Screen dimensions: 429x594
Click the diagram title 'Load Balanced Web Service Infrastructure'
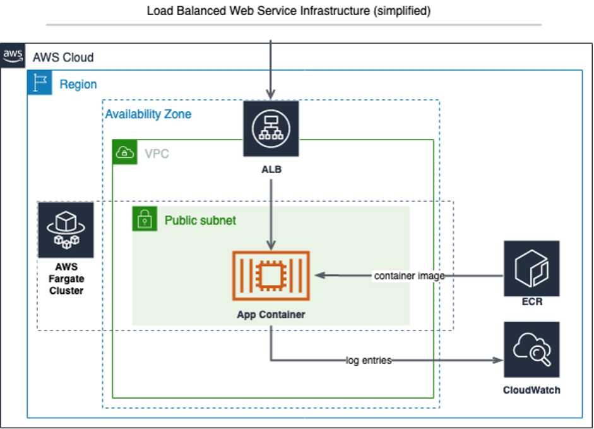click(288, 11)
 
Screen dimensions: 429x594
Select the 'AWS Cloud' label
click(63, 57)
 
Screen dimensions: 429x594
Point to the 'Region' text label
click(78, 84)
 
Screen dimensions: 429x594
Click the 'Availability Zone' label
click(148, 114)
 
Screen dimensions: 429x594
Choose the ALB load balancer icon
click(271, 128)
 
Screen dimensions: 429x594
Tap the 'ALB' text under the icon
click(271, 169)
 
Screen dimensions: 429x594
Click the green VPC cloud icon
click(125, 152)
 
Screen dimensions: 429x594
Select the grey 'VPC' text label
click(157, 154)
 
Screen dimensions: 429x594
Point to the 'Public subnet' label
click(200, 221)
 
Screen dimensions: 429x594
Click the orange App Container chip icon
click(271, 275)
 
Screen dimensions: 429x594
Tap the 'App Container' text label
click(271, 314)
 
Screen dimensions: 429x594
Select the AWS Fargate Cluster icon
click(66, 230)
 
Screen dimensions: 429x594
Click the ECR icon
click(532, 268)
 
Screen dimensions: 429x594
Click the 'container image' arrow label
click(408, 275)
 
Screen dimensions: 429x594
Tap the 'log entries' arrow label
click(369, 360)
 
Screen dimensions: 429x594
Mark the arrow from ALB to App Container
click(271, 215)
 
